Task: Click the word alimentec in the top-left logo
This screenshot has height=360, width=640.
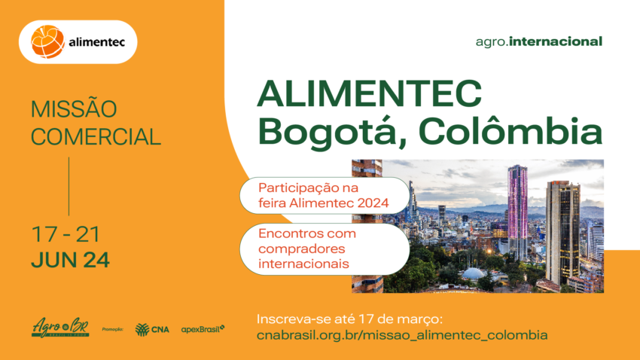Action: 97,43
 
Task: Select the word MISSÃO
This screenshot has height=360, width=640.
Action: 74,109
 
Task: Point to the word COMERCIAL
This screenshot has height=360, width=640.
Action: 96,137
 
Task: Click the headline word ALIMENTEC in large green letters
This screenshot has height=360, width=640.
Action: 370,94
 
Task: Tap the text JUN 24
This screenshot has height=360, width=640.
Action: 70,261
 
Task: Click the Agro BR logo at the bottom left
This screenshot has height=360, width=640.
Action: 60,328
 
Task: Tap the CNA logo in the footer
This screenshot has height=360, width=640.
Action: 152,328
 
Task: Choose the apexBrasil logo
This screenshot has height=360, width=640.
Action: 203,328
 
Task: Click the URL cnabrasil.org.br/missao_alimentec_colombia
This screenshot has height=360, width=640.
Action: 402,334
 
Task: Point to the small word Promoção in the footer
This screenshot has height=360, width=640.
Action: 112,329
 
